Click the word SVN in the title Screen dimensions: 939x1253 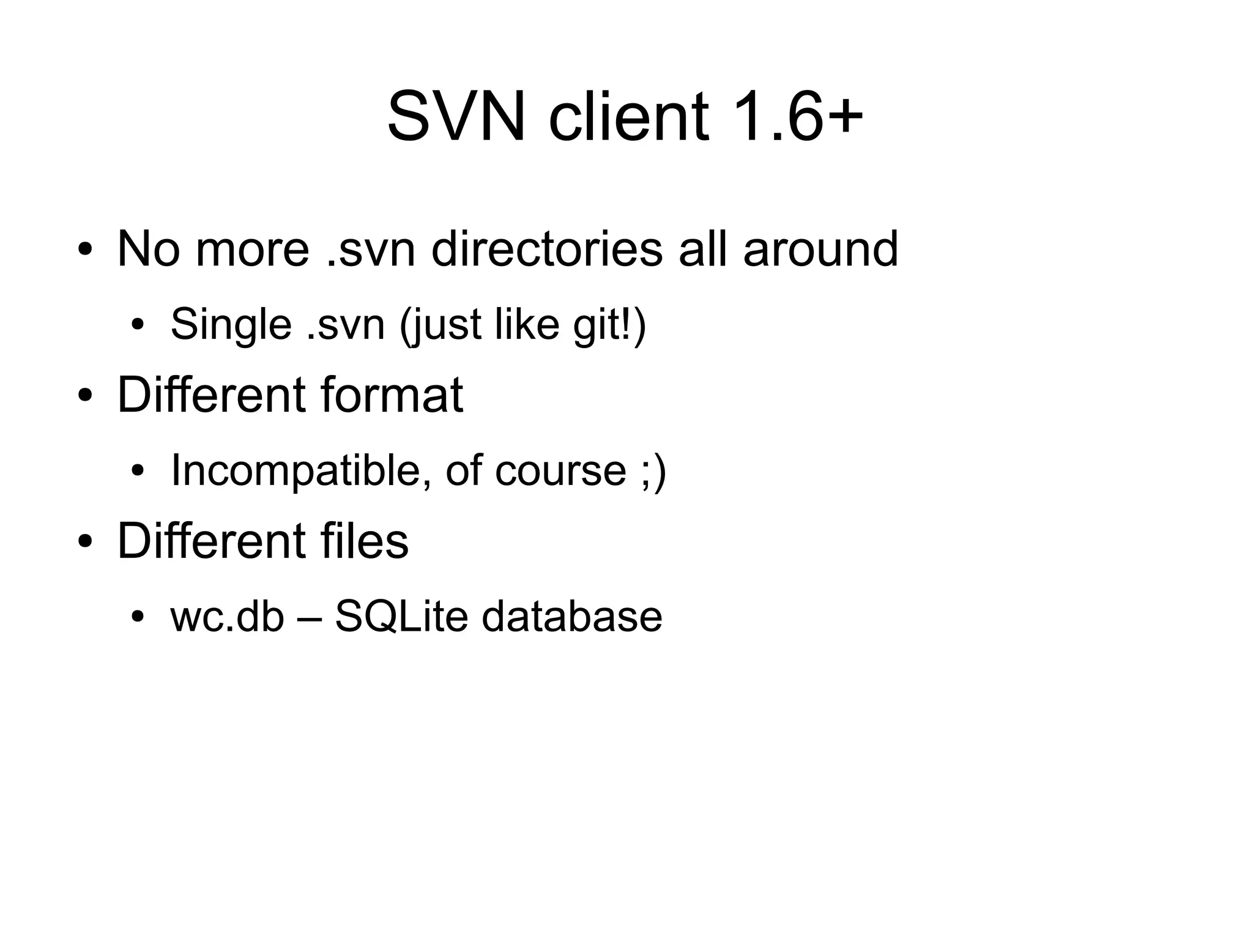tap(456, 116)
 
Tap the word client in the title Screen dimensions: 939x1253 tap(628, 116)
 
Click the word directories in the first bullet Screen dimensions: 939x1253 tap(547, 249)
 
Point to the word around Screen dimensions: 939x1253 tap(820, 249)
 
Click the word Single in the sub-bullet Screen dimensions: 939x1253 tap(231, 324)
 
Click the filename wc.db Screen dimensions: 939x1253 tap(228, 616)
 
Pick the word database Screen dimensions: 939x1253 tap(571, 616)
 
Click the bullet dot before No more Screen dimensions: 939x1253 tap(85, 250)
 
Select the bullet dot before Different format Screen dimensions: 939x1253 tap(85, 396)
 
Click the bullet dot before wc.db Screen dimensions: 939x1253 tap(138, 617)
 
